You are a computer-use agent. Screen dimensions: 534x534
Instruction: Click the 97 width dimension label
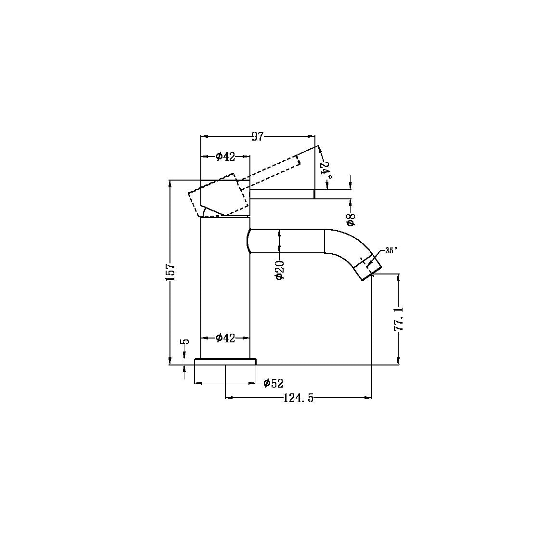click(258, 137)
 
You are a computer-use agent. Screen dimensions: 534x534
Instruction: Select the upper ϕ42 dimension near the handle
click(225, 156)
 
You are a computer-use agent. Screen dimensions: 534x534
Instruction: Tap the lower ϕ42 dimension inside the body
click(225, 338)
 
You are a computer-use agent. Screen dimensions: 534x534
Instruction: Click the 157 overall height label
click(171, 273)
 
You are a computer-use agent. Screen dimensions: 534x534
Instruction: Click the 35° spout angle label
click(391, 251)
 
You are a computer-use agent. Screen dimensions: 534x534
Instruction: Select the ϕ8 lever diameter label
click(351, 220)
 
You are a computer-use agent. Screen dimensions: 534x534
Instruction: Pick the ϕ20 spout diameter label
click(279, 270)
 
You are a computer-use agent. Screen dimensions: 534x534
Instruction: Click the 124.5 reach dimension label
click(298, 398)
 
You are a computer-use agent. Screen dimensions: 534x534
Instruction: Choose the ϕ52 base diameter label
click(273, 383)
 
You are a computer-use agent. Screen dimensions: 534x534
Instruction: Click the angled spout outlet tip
click(368, 268)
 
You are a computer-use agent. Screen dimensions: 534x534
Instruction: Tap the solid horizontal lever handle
click(282, 194)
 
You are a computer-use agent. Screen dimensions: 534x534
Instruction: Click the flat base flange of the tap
click(225, 362)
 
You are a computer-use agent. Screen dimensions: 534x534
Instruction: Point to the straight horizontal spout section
click(287, 241)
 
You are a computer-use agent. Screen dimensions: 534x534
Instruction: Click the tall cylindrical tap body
click(225, 289)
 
